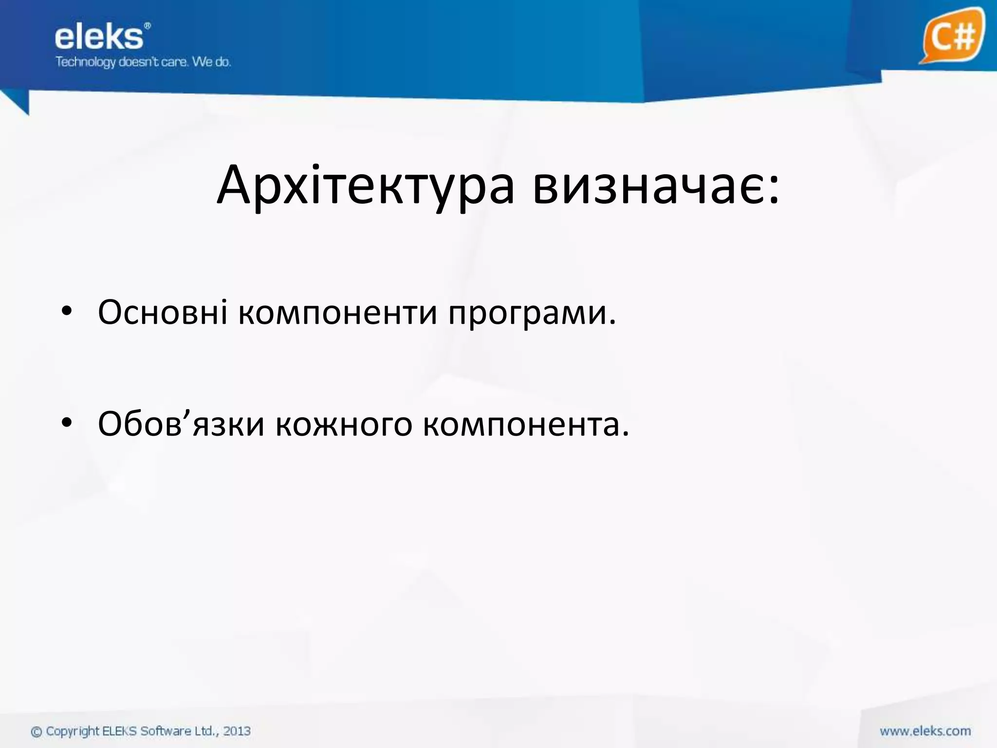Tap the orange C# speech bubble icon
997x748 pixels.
(x=951, y=36)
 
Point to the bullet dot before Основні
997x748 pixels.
(x=67, y=312)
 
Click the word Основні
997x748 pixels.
(x=163, y=312)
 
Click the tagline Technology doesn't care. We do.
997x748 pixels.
(x=143, y=62)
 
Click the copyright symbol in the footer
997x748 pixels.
(x=37, y=732)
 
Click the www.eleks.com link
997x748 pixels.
(x=925, y=731)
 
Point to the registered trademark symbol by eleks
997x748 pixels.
(x=148, y=25)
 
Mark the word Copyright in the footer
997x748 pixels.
(x=73, y=731)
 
